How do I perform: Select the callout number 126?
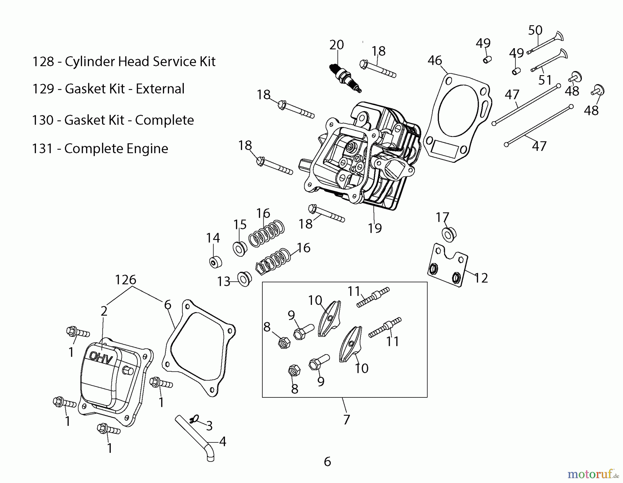pos(126,280)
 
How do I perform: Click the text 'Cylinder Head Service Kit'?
pos(140,62)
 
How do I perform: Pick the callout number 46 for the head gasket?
pos(435,61)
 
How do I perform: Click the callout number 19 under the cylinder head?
pos(375,228)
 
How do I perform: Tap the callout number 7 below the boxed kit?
pos(346,420)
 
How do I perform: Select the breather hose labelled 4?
pos(196,437)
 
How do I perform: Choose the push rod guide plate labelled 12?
pos(448,265)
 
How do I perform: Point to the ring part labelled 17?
pos(449,235)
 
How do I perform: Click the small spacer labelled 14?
pos(216,262)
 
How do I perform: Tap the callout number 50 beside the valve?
pos(535,30)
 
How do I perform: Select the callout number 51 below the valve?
pos(545,80)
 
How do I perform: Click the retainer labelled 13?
pos(245,279)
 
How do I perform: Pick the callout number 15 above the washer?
pos(240,225)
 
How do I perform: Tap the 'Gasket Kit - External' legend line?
pos(108,89)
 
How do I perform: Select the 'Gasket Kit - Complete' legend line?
pos(113,120)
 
